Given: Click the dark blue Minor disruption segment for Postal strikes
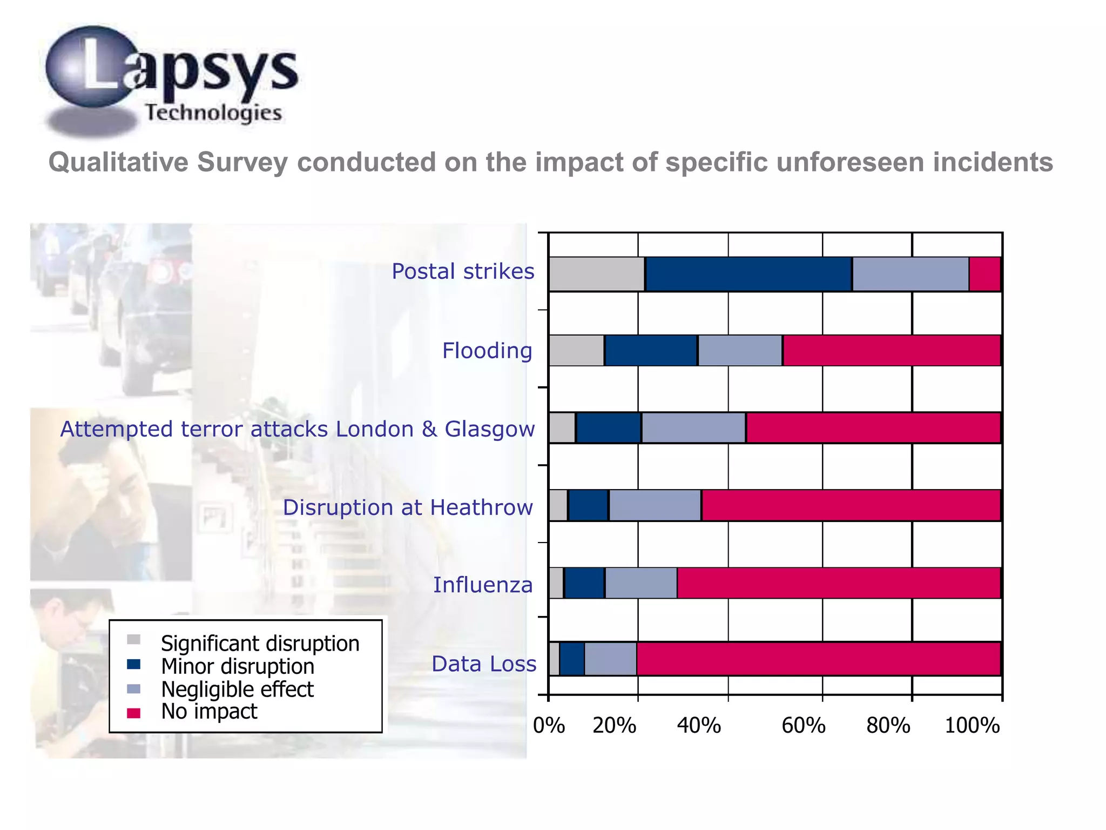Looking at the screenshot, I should click(748, 275).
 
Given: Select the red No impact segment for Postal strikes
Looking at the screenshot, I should click(984, 275).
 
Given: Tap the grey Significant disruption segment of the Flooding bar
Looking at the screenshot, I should click(576, 351).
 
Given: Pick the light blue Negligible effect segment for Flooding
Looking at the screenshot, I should click(740, 351).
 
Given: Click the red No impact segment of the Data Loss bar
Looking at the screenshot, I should click(818, 659).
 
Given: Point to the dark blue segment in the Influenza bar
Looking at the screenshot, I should click(584, 583).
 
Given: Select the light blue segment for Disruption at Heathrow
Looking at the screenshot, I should click(655, 505).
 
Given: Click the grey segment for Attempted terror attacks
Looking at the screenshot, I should click(562, 428).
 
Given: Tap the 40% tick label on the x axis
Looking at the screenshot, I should click(699, 726).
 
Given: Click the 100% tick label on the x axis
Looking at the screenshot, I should click(972, 726).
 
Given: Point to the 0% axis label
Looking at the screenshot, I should click(549, 726).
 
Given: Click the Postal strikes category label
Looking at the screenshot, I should click(463, 271).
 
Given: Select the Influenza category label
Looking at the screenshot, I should click(483, 585).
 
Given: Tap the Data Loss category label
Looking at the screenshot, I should click(484, 664).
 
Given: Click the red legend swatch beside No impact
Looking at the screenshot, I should click(133, 713).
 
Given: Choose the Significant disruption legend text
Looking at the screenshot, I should click(260, 644).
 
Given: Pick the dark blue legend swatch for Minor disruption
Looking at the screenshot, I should click(133, 665).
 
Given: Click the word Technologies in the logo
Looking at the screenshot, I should click(213, 112).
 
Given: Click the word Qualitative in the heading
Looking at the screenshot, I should click(118, 162).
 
